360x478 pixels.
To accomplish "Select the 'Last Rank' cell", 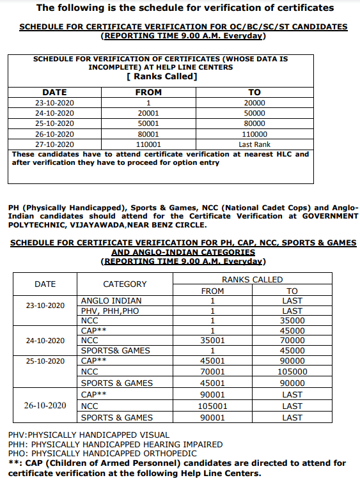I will click(x=254, y=144).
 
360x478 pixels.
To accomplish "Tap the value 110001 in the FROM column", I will click(x=148, y=144).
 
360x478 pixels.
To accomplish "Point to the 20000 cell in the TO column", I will click(x=254, y=103).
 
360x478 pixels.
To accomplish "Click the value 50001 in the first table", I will click(x=148, y=123).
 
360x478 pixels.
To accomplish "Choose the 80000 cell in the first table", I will click(x=254, y=123).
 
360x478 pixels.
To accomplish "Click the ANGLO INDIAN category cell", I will click(x=111, y=300).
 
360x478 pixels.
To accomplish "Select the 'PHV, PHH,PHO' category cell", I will click(x=111, y=311).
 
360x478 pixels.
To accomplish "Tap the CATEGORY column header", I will click(x=125, y=284).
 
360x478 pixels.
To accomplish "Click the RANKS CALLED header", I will click(x=252, y=279).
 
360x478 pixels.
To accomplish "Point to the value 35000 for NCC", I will click(x=292, y=321).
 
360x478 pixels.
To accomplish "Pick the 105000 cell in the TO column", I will click(x=292, y=371).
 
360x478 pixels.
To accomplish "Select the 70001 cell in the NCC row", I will click(x=212, y=371).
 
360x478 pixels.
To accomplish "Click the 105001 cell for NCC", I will click(x=212, y=406).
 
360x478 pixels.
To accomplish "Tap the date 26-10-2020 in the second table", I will click(x=45, y=406).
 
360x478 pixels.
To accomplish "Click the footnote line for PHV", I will click(x=89, y=435).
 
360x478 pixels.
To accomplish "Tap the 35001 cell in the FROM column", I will click(x=212, y=341).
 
